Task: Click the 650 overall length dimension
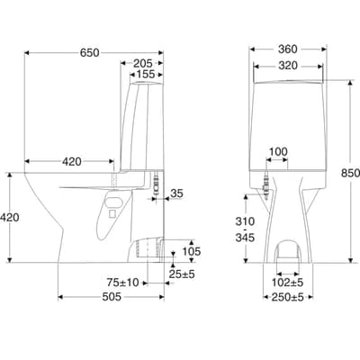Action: (x=89, y=53)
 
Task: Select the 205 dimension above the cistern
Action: (x=143, y=63)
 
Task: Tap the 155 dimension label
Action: (x=146, y=74)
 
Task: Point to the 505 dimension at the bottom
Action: (x=112, y=297)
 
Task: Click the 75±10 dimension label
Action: (x=123, y=283)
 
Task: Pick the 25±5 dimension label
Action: (x=182, y=274)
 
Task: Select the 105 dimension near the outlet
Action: (x=192, y=251)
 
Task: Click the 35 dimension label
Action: (x=176, y=193)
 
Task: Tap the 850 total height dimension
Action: (x=350, y=173)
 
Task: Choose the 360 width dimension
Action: (x=287, y=49)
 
